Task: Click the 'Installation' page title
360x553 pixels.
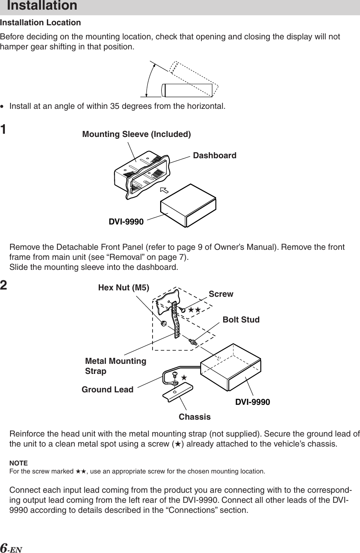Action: [x=42, y=6]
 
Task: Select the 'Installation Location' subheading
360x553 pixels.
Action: [x=41, y=22]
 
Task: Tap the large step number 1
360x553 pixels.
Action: [x=4, y=130]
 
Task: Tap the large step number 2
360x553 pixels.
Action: [x=4, y=286]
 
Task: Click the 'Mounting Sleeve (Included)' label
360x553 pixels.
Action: [x=136, y=134]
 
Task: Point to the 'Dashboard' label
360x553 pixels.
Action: [x=215, y=155]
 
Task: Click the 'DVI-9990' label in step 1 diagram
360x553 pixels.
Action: [x=126, y=222]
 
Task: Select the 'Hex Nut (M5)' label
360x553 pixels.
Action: [x=124, y=288]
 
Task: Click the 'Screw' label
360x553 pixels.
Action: [x=221, y=294]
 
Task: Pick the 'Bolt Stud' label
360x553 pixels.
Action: [x=241, y=320]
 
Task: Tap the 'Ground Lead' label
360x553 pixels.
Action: [x=108, y=390]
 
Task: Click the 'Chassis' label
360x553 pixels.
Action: [x=195, y=417]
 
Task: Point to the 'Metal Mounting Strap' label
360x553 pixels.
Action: [x=116, y=366]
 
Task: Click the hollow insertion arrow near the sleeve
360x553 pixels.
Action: [x=164, y=190]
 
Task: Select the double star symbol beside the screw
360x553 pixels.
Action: [x=194, y=310]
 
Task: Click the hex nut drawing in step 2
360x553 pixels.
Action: [x=164, y=323]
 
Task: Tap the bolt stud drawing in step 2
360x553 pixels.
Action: [x=193, y=342]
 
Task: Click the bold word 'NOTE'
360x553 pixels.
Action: [x=18, y=463]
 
